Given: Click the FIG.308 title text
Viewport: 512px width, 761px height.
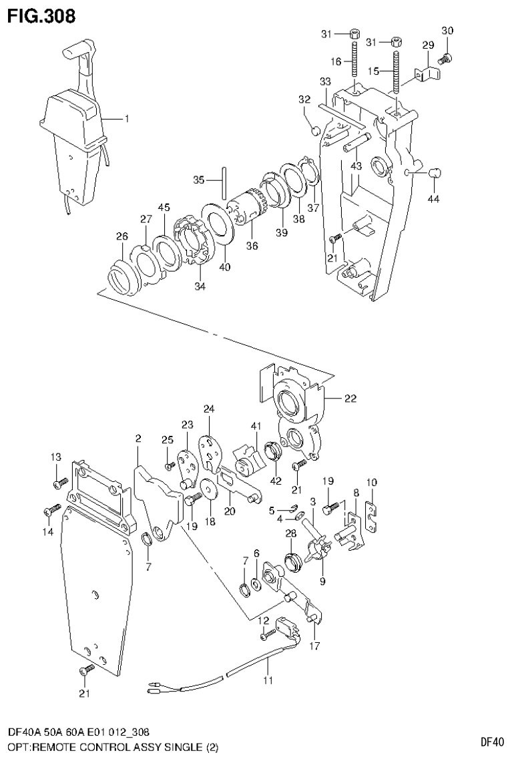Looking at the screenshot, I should point(41,14).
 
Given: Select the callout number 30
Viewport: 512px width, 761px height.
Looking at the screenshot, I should point(447,31).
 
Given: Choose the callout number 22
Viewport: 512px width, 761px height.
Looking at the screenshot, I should point(350,399).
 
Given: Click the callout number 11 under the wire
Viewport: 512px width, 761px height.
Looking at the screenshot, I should point(268,682).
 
